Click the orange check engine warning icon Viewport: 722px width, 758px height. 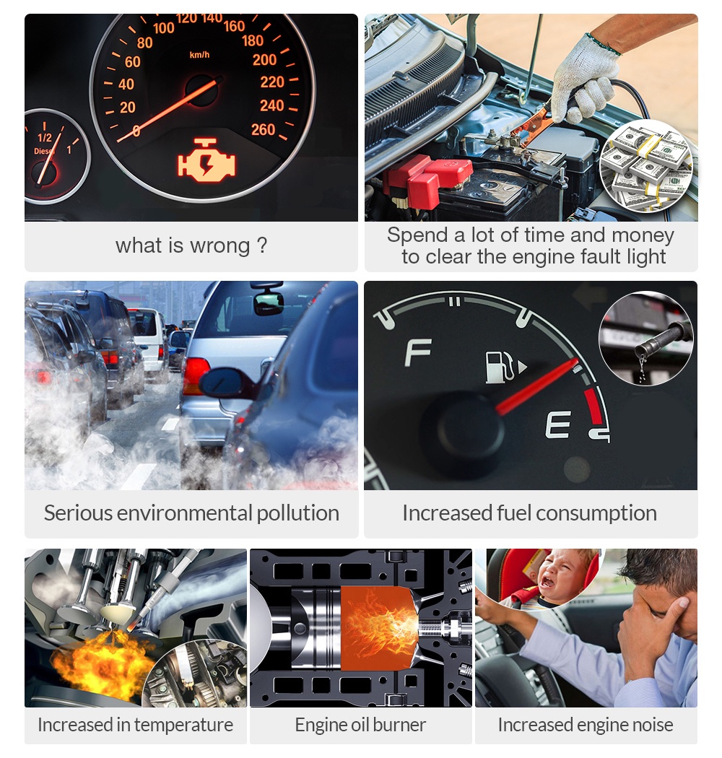click(x=206, y=160)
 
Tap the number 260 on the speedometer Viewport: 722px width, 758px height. click(x=263, y=129)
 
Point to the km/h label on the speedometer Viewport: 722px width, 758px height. click(x=199, y=55)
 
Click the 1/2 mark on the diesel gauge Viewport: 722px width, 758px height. click(x=45, y=137)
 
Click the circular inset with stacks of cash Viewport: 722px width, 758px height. click(x=645, y=167)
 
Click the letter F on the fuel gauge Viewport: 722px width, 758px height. click(x=417, y=352)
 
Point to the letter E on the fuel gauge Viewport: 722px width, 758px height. click(x=558, y=424)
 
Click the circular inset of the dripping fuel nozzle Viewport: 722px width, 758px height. click(x=645, y=338)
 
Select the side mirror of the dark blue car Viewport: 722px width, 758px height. click(x=225, y=383)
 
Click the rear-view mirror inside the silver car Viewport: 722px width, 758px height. click(x=269, y=303)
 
